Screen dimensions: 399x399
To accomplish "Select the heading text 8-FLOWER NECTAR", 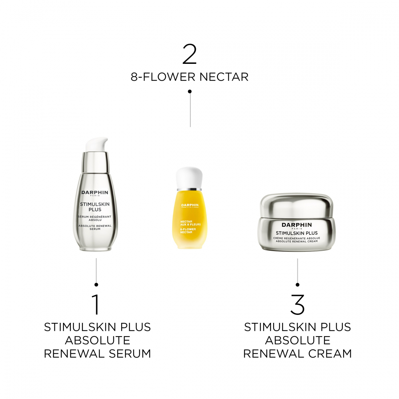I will (190, 77).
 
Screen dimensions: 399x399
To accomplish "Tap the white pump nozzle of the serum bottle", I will (97, 144).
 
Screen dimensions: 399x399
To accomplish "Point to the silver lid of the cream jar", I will (297, 205).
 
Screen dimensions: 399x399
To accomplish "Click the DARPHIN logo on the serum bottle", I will (95, 193).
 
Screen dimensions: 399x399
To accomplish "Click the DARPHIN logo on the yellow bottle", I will (190, 205).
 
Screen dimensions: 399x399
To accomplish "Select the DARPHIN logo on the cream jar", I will (297, 225).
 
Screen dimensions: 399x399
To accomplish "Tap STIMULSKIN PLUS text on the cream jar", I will (297, 233).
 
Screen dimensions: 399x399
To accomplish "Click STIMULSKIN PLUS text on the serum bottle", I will (95, 207).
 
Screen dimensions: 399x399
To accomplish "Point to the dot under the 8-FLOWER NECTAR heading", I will (190, 91).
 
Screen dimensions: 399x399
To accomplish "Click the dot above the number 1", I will (96, 285).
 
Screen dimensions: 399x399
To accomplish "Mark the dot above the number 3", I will (297, 285).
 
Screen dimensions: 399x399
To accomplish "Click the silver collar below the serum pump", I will (95, 162).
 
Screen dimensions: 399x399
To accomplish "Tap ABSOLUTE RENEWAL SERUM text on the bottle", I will (95, 227).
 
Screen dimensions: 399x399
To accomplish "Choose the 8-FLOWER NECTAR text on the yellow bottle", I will (188, 231).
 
